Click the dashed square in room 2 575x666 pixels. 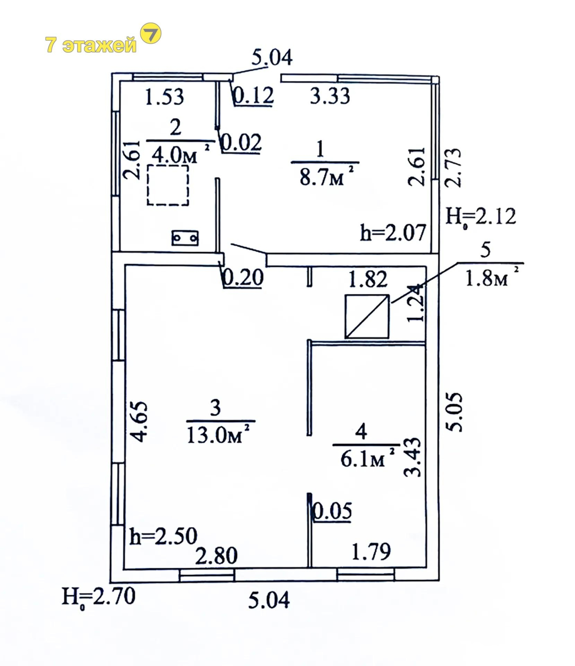(168, 185)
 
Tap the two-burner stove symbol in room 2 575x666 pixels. (185, 238)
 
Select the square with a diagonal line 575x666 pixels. (367, 316)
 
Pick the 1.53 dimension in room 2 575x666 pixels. (164, 97)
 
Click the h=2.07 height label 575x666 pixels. (393, 232)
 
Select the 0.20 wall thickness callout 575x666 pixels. (243, 278)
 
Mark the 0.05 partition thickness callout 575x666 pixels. (332, 511)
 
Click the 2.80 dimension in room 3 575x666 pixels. (216, 556)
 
